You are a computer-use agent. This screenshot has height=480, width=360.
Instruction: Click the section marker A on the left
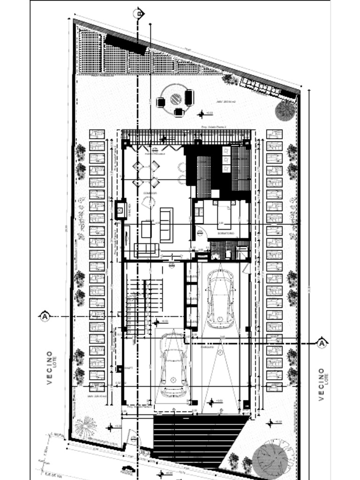tap(45, 316)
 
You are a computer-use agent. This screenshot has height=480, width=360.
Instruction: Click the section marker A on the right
tap(322, 343)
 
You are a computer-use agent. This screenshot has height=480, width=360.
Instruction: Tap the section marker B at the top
tap(139, 14)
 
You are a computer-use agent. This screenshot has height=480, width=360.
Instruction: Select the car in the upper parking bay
tap(220, 299)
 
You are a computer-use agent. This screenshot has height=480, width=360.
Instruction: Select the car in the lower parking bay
tap(173, 366)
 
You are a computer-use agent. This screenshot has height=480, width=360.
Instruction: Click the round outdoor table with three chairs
tap(175, 98)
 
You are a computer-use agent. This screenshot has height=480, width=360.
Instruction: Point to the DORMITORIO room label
tap(225, 233)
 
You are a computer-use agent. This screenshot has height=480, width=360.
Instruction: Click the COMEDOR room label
tap(150, 193)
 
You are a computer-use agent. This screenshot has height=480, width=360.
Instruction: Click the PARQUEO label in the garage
tap(208, 348)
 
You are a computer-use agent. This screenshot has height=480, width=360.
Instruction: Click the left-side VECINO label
tap(50, 368)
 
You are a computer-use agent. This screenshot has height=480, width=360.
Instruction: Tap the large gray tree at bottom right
tap(271, 458)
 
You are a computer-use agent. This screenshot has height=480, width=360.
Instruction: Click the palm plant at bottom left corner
tap(85, 426)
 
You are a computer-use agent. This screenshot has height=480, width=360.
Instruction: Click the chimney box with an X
tap(120, 210)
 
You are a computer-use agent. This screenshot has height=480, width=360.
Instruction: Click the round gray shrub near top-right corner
tap(285, 110)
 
